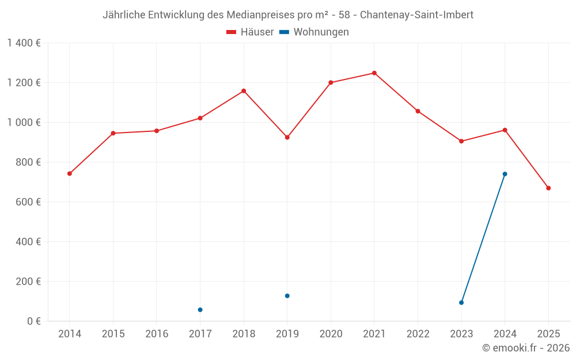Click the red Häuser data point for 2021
pos(374,73)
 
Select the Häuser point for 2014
pos(70,173)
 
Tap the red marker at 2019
pos(287,137)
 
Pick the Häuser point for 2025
pos(548,188)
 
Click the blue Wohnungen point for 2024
pos(505,174)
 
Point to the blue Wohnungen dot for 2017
pos(200,310)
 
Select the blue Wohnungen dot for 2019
pos(287,296)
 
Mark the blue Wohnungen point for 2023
pos(461,302)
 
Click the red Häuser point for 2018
pos(244,91)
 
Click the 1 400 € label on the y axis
pos(24,43)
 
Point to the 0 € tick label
pos(34,321)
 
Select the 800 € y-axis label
pos(29,162)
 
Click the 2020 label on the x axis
pos(331,334)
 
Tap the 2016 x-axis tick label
pos(157,334)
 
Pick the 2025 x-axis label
pos(548,334)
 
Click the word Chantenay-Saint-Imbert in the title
pos(416,15)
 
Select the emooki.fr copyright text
pos(526,348)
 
